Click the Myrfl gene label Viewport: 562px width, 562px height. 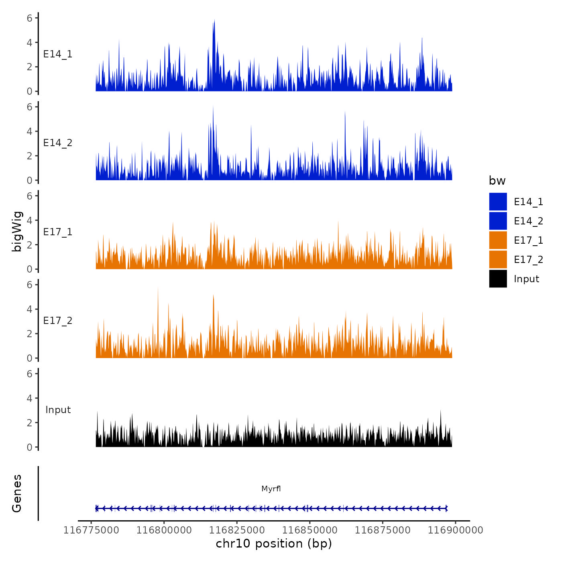tap(271, 489)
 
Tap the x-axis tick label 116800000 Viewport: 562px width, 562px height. tap(164, 530)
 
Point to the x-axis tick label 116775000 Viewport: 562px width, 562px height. tap(91, 530)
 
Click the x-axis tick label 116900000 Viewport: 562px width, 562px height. tap(455, 530)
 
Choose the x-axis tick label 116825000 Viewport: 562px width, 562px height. tap(237, 530)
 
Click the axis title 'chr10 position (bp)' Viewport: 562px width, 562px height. tap(274, 544)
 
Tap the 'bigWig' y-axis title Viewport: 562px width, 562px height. tap(17, 232)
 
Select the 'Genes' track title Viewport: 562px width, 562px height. tap(17, 493)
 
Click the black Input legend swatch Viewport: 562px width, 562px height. tap(498, 279)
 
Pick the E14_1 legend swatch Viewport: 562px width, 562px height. tap(498, 202)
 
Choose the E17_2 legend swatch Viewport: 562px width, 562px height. tap(498, 260)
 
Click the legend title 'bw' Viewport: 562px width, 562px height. tap(497, 181)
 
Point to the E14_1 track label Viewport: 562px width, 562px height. tap(58, 54)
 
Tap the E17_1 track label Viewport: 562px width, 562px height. tap(58, 232)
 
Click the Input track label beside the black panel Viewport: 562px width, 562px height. tap(58, 410)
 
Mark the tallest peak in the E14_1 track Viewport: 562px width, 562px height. tap(214, 20)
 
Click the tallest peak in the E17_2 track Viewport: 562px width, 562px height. tap(158, 289)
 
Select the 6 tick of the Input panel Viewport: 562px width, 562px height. tap(29, 374)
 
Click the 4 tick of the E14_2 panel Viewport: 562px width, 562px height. tap(29, 131)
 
